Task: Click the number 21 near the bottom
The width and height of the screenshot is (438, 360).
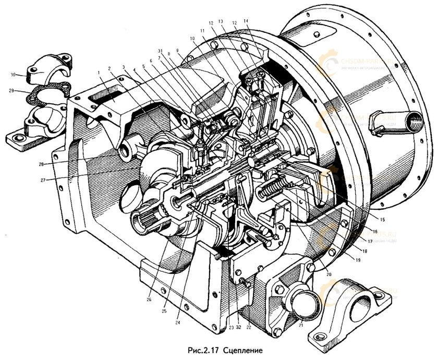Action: coord(301,327)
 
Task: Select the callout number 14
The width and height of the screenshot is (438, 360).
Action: coord(246,21)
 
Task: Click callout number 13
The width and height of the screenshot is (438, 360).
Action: coord(220,21)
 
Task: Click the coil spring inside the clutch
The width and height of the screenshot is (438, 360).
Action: coord(274,188)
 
